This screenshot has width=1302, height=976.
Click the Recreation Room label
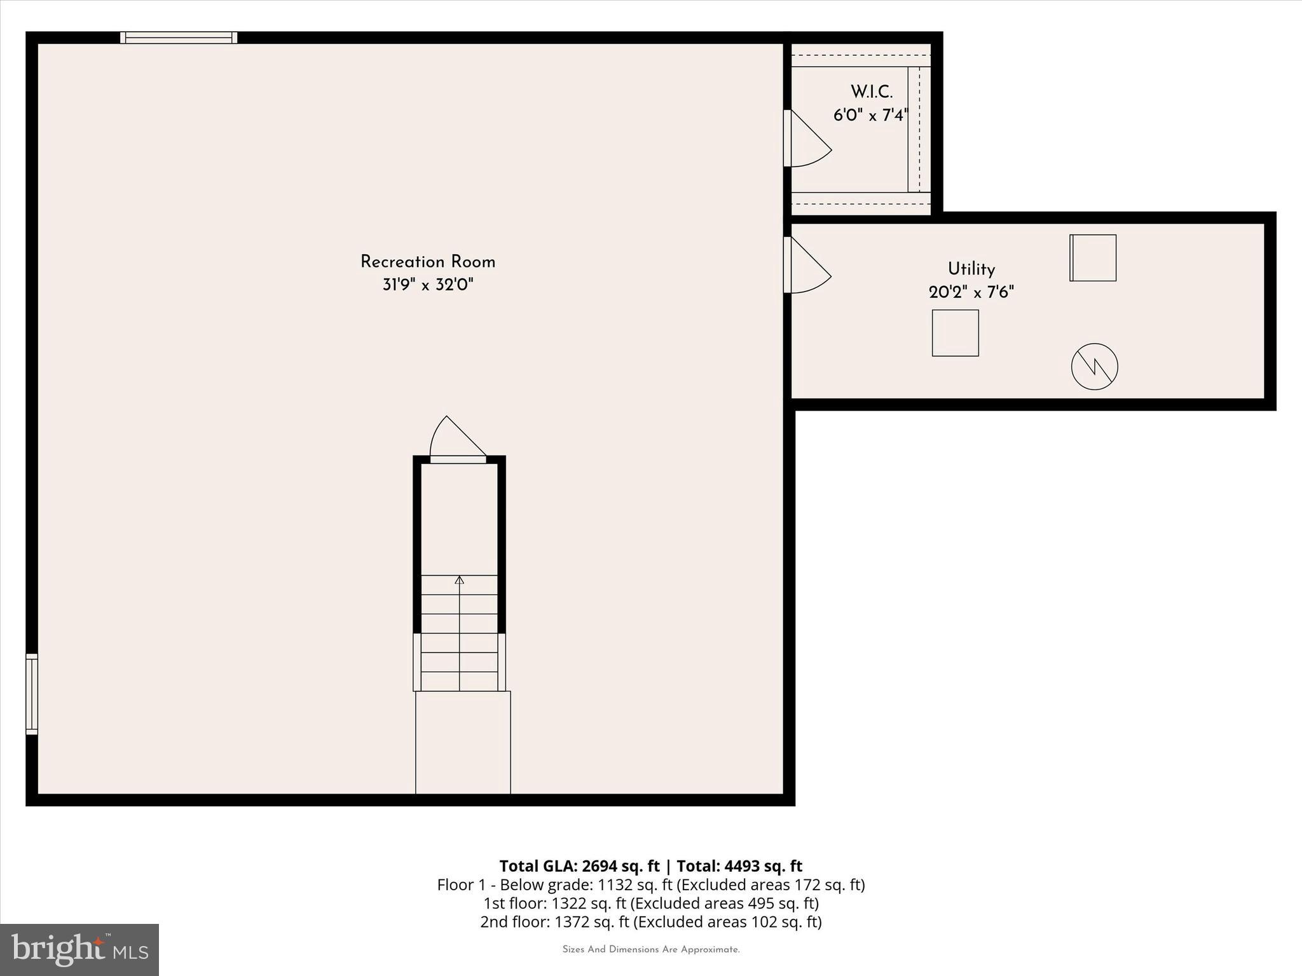(x=428, y=262)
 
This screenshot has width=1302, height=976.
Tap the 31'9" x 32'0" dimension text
(x=428, y=285)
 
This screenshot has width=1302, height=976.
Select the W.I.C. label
(x=872, y=92)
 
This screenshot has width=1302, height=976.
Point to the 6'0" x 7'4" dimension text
(x=870, y=116)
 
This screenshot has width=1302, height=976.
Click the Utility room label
(x=971, y=269)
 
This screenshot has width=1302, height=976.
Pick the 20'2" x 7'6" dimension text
(x=971, y=292)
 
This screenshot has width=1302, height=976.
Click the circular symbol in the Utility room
(x=1094, y=367)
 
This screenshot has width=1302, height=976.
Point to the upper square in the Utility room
(x=1093, y=258)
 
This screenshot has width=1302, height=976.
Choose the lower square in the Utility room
(x=955, y=333)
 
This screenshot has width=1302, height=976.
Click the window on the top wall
(x=179, y=37)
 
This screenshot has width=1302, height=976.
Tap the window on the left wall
(x=32, y=694)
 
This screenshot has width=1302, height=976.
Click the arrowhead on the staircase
(x=459, y=579)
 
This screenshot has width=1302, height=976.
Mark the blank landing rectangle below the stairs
(x=463, y=742)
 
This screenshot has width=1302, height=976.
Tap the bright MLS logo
(x=79, y=949)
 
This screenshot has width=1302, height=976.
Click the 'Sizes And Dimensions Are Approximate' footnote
(x=651, y=949)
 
